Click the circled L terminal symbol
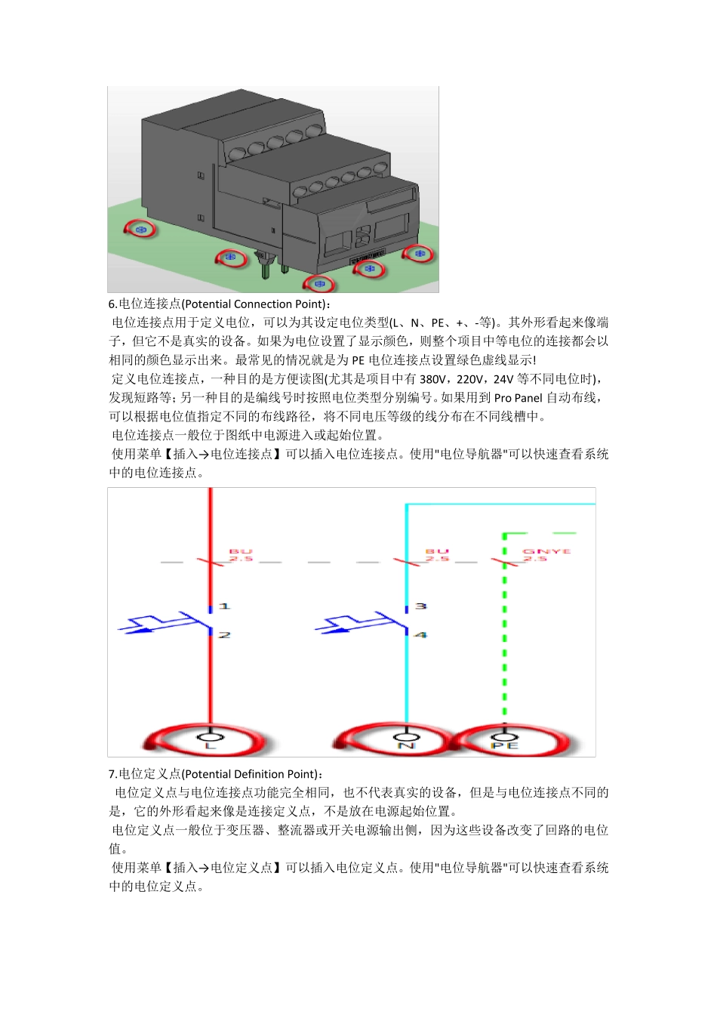(x=211, y=739)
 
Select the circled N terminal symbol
(x=406, y=739)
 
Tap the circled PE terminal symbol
(x=504, y=739)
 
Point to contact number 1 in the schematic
(x=224, y=606)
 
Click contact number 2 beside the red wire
(x=224, y=635)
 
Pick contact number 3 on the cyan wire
(x=420, y=606)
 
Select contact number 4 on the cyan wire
(x=420, y=635)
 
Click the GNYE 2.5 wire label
(x=547, y=555)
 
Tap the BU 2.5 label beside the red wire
(x=241, y=555)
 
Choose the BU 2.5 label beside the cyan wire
(x=437, y=555)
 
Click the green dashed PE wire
(x=504, y=642)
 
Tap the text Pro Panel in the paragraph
(x=518, y=398)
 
